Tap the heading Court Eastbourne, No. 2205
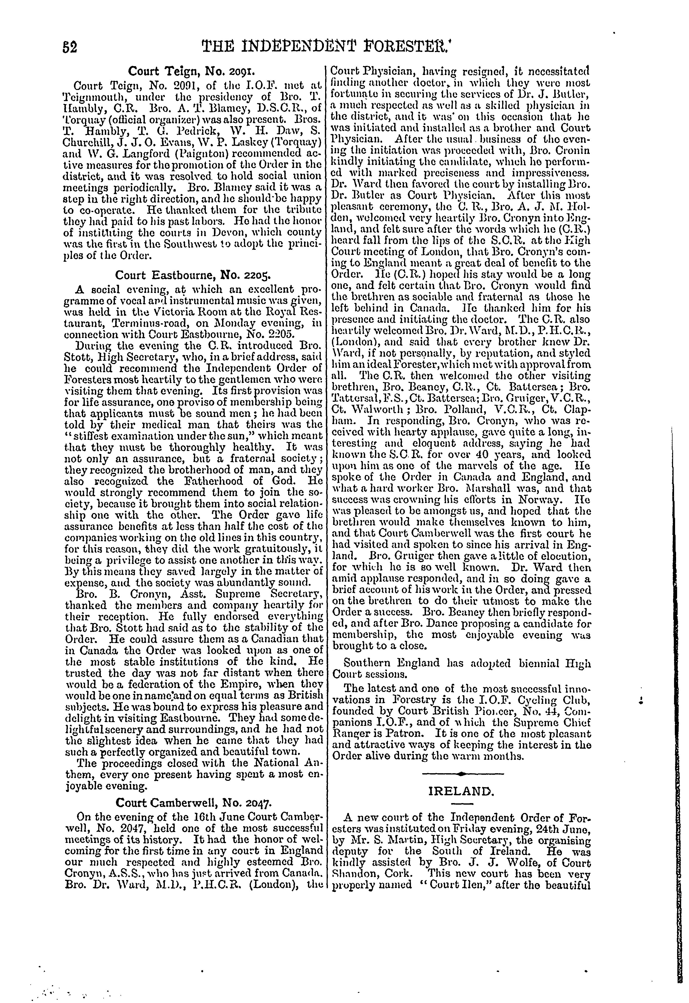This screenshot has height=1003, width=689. coord(192,274)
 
